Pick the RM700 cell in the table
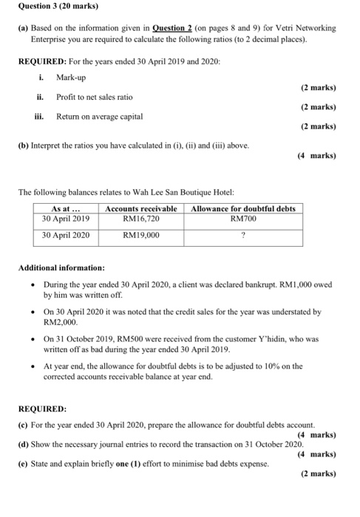coord(242,219)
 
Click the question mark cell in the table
coord(242,236)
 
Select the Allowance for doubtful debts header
coord(242,209)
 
